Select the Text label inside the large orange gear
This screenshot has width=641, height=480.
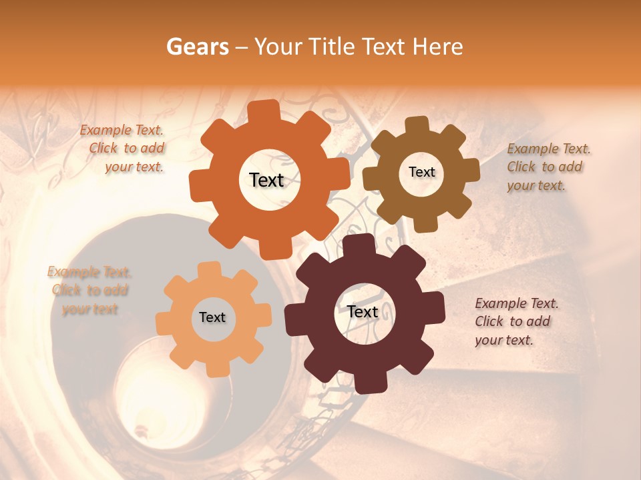click(266, 180)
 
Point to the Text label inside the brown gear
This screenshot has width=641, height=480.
click(421, 172)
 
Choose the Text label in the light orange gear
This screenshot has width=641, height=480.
click(212, 317)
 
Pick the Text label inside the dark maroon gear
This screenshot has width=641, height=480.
click(363, 311)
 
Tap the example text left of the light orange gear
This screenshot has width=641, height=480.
click(89, 290)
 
